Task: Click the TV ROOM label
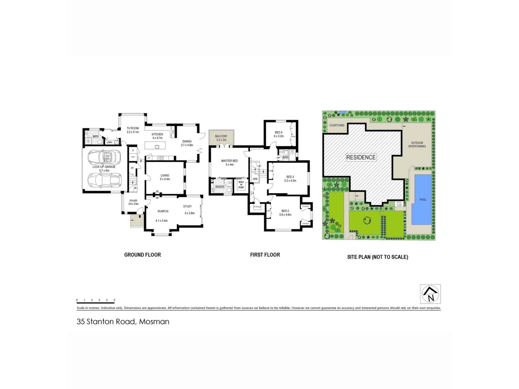point(133,128)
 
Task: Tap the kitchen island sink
point(157,147)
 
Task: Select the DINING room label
point(187,141)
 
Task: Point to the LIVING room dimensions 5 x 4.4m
point(165,179)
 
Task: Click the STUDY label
point(187,206)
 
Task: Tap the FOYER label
point(133,201)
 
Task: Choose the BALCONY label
point(221,136)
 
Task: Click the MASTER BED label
point(229,161)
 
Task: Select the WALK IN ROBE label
point(241,185)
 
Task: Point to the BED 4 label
point(278,133)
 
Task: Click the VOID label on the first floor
point(255,179)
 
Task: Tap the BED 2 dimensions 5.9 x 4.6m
point(285,215)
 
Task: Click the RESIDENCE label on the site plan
point(361,157)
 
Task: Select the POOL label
point(423,200)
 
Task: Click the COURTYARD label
point(337,126)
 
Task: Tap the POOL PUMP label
point(399,204)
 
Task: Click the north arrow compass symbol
point(430,294)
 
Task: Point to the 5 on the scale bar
point(114,300)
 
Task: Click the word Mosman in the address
point(154,322)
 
